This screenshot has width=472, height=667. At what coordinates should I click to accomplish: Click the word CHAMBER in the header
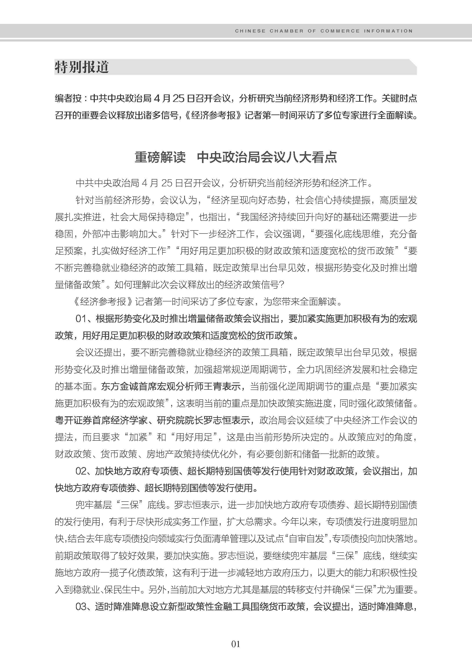(x=286, y=31)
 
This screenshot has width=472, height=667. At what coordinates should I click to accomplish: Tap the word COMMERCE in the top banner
(x=340, y=31)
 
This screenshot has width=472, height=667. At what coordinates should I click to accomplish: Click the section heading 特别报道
(x=82, y=67)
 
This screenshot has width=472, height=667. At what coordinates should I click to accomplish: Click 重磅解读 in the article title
(x=160, y=157)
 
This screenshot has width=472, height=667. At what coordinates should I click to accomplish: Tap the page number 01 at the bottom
(x=236, y=644)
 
